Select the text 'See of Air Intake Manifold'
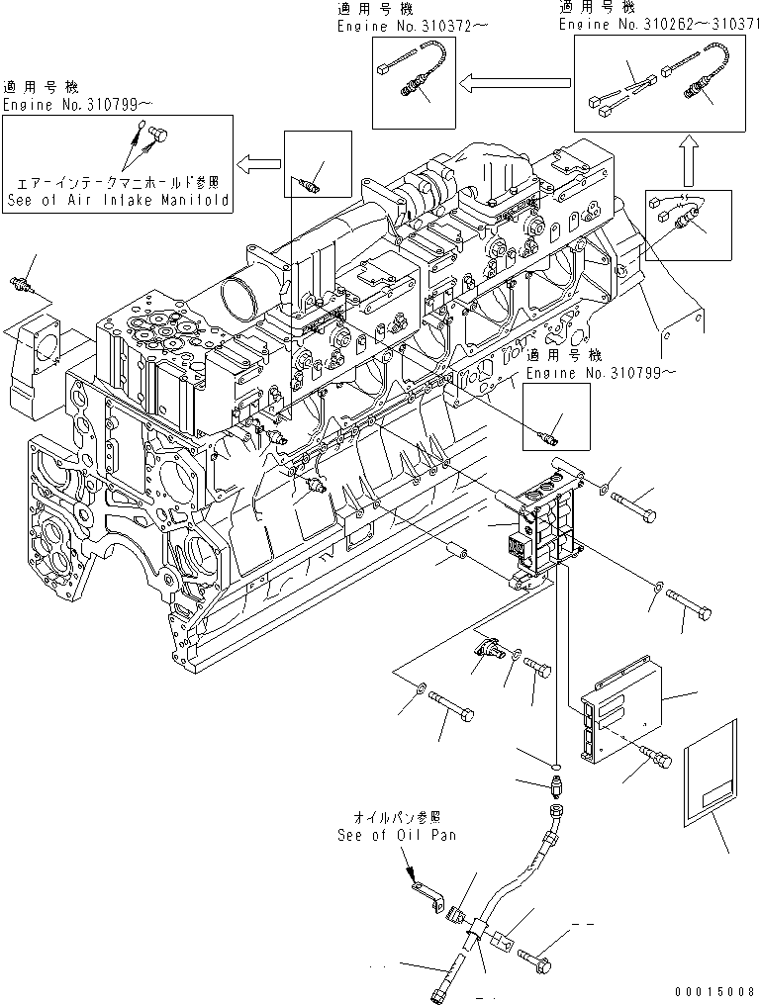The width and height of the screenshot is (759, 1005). click(x=118, y=199)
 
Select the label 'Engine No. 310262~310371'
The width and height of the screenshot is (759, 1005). click(x=654, y=27)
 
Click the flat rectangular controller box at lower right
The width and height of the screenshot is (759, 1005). click(x=625, y=713)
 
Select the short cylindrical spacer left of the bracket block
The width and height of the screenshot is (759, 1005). click(x=459, y=547)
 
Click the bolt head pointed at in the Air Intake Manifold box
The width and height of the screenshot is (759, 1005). click(x=160, y=135)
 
